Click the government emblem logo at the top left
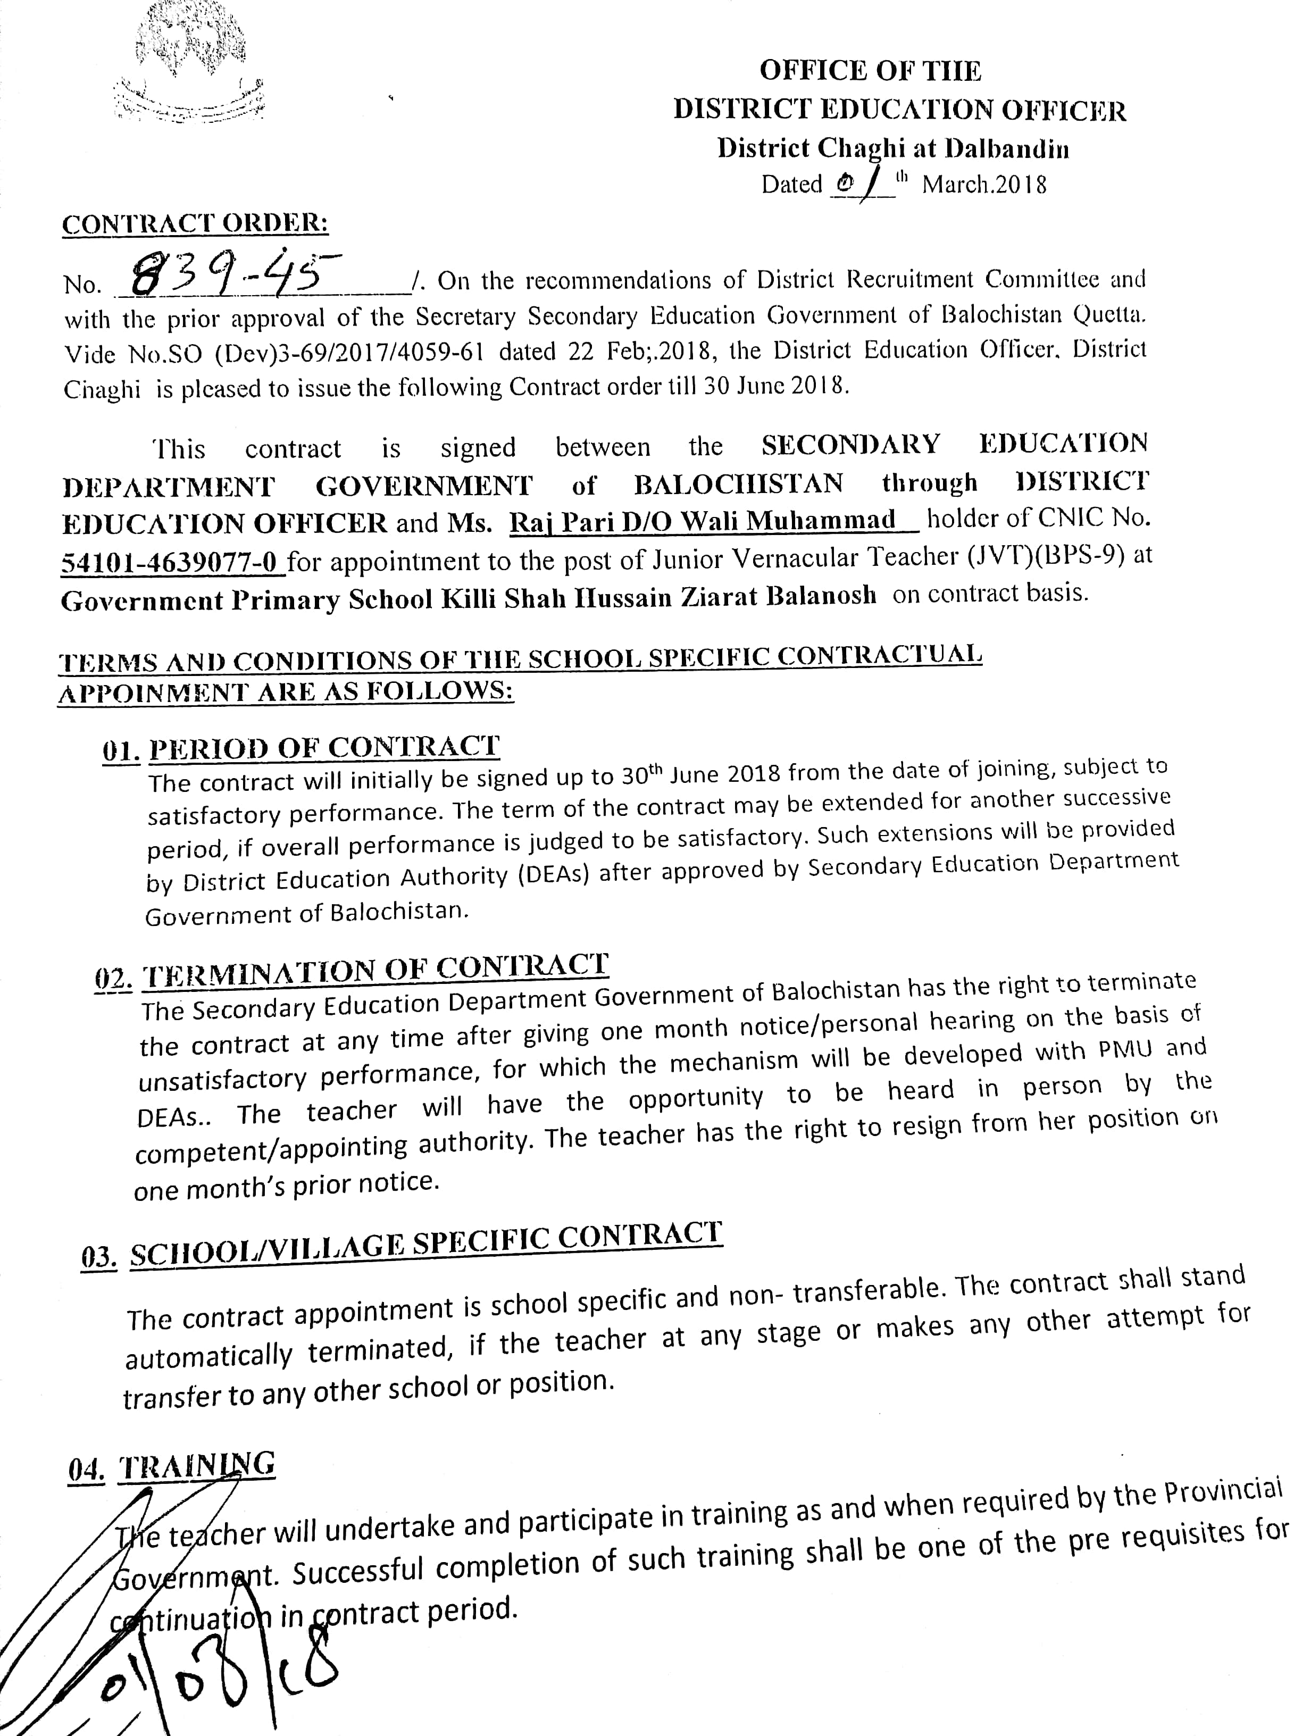(x=188, y=63)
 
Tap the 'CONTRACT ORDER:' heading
(x=195, y=224)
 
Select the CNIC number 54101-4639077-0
(x=173, y=562)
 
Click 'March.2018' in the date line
(x=983, y=185)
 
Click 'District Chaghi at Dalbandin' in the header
(x=892, y=148)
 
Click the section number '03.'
(x=99, y=1256)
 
